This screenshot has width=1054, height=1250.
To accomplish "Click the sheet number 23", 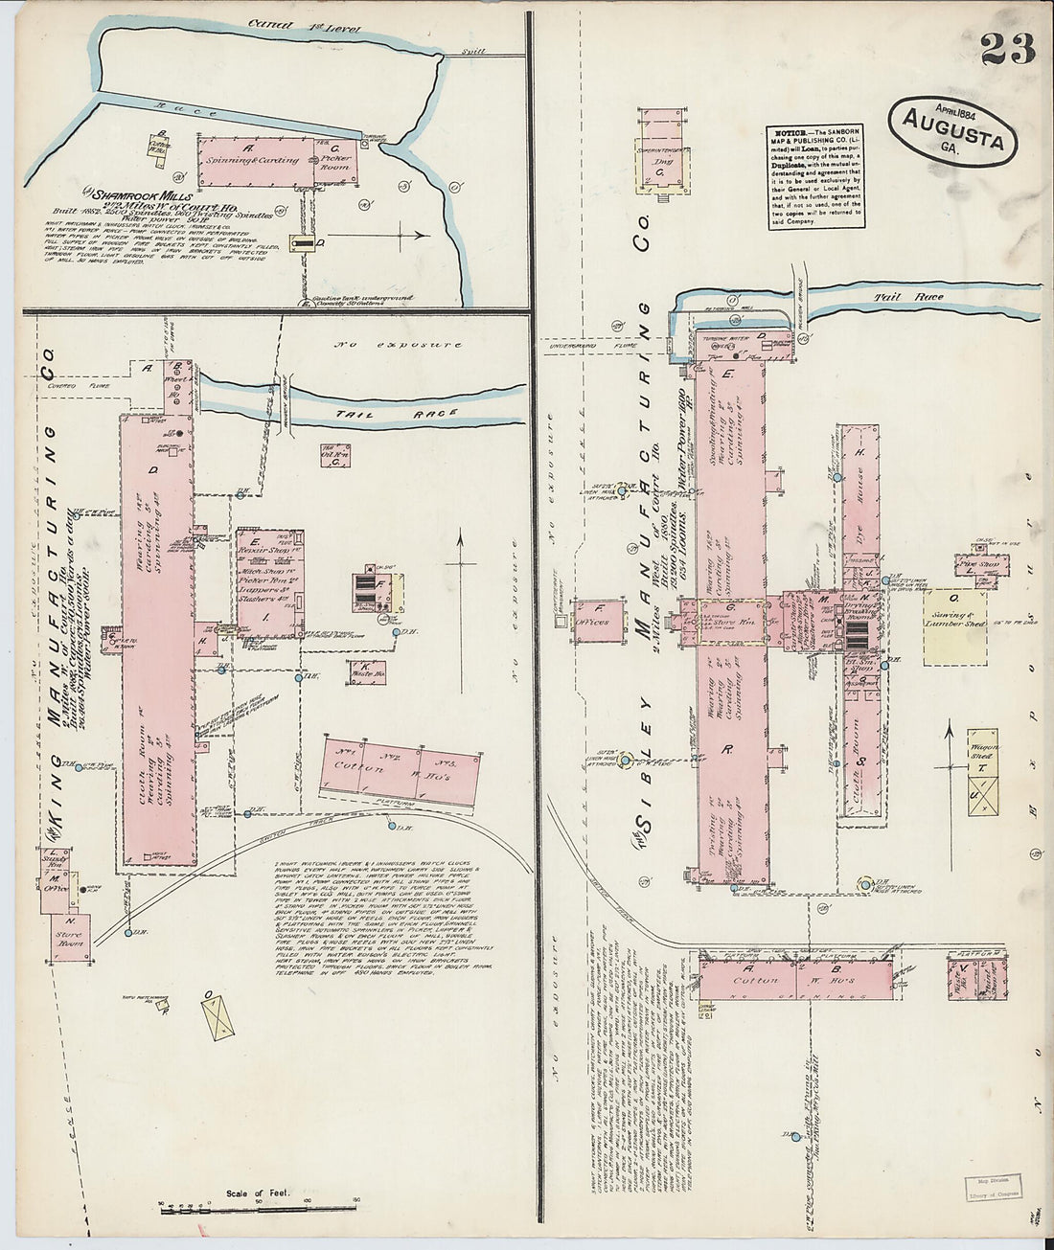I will point(1007,48).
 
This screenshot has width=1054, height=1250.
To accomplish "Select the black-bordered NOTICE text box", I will point(815,176).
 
